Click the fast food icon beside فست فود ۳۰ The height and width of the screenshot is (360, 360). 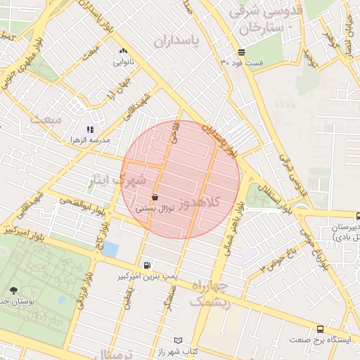(241, 52)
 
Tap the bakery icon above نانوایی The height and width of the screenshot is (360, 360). (124, 51)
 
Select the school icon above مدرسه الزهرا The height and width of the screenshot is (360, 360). (89, 129)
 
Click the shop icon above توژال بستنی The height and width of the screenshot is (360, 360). (154, 198)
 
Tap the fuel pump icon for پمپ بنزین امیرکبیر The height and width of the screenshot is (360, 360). (146, 266)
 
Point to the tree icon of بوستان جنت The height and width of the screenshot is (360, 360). (14, 290)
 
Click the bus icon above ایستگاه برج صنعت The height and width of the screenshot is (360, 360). (321, 328)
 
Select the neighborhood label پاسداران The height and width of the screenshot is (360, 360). (176, 42)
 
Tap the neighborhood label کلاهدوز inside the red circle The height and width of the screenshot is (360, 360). (200, 203)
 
